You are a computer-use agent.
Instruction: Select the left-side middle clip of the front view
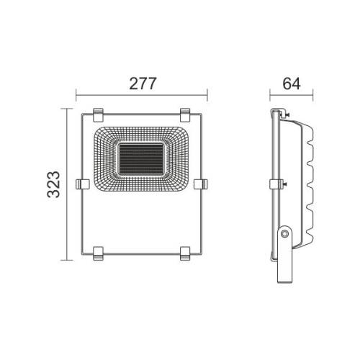click(81, 184)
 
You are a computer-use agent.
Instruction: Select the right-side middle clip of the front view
click(201, 184)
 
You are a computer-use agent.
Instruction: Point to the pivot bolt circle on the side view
click(286, 233)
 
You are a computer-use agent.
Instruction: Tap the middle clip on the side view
click(274, 184)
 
